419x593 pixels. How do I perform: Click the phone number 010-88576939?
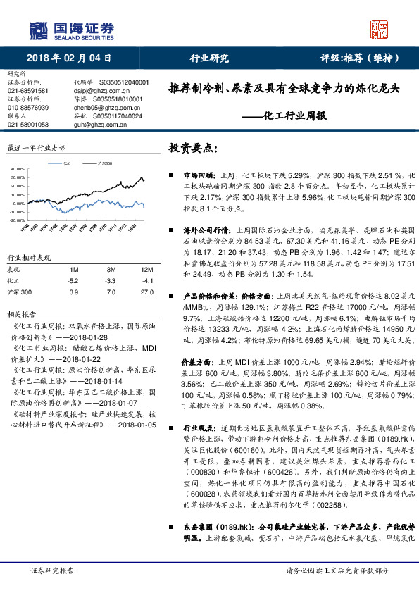click(x=28, y=107)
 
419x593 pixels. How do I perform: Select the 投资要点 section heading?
click(x=191, y=149)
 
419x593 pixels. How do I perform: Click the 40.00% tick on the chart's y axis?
click(x=18, y=170)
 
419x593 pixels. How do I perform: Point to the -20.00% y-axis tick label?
click(x=17, y=220)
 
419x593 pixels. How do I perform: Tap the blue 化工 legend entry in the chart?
click(x=65, y=163)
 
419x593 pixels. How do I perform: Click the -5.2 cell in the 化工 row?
click(x=73, y=280)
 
